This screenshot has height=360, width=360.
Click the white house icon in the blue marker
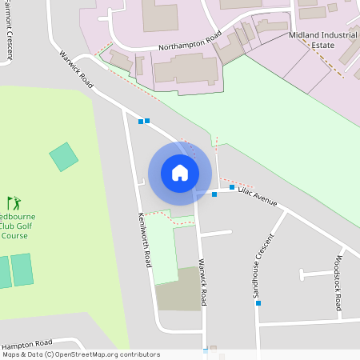click(180, 173)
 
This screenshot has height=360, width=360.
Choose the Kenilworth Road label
click(144, 239)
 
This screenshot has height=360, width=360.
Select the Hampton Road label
click(27, 342)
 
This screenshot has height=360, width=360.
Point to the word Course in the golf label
click(14, 236)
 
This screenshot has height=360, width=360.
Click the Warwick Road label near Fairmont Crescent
click(77, 70)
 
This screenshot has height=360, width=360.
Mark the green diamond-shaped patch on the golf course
click(64, 156)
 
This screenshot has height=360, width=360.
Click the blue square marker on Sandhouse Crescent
click(258, 303)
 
